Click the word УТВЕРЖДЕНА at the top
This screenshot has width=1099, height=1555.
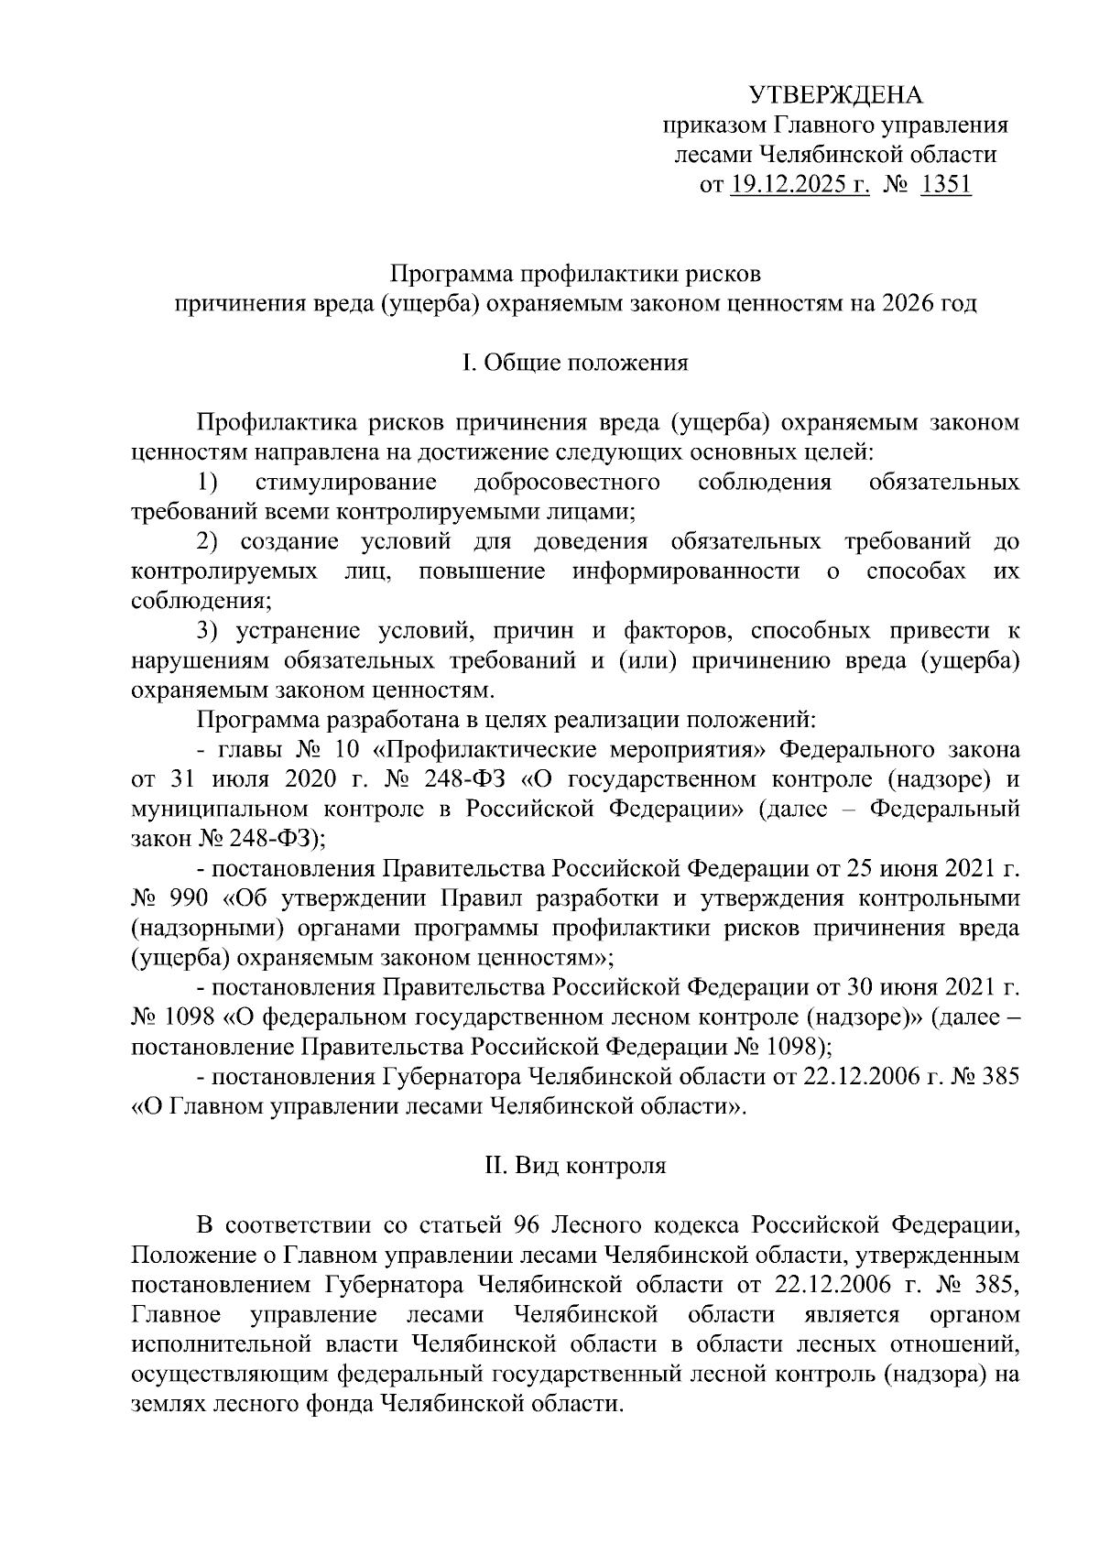(836, 95)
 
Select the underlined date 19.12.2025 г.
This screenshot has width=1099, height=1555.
(799, 185)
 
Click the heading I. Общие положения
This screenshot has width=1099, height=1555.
(574, 363)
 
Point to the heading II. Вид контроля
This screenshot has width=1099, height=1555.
(574, 1166)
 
